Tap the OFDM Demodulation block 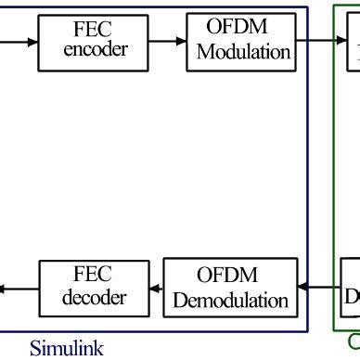pos(230,287)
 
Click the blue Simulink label pos(66,349)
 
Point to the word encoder pos(96,51)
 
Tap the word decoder pos(93,299)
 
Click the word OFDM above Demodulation pos(228,276)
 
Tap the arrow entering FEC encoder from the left pos(19,42)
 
